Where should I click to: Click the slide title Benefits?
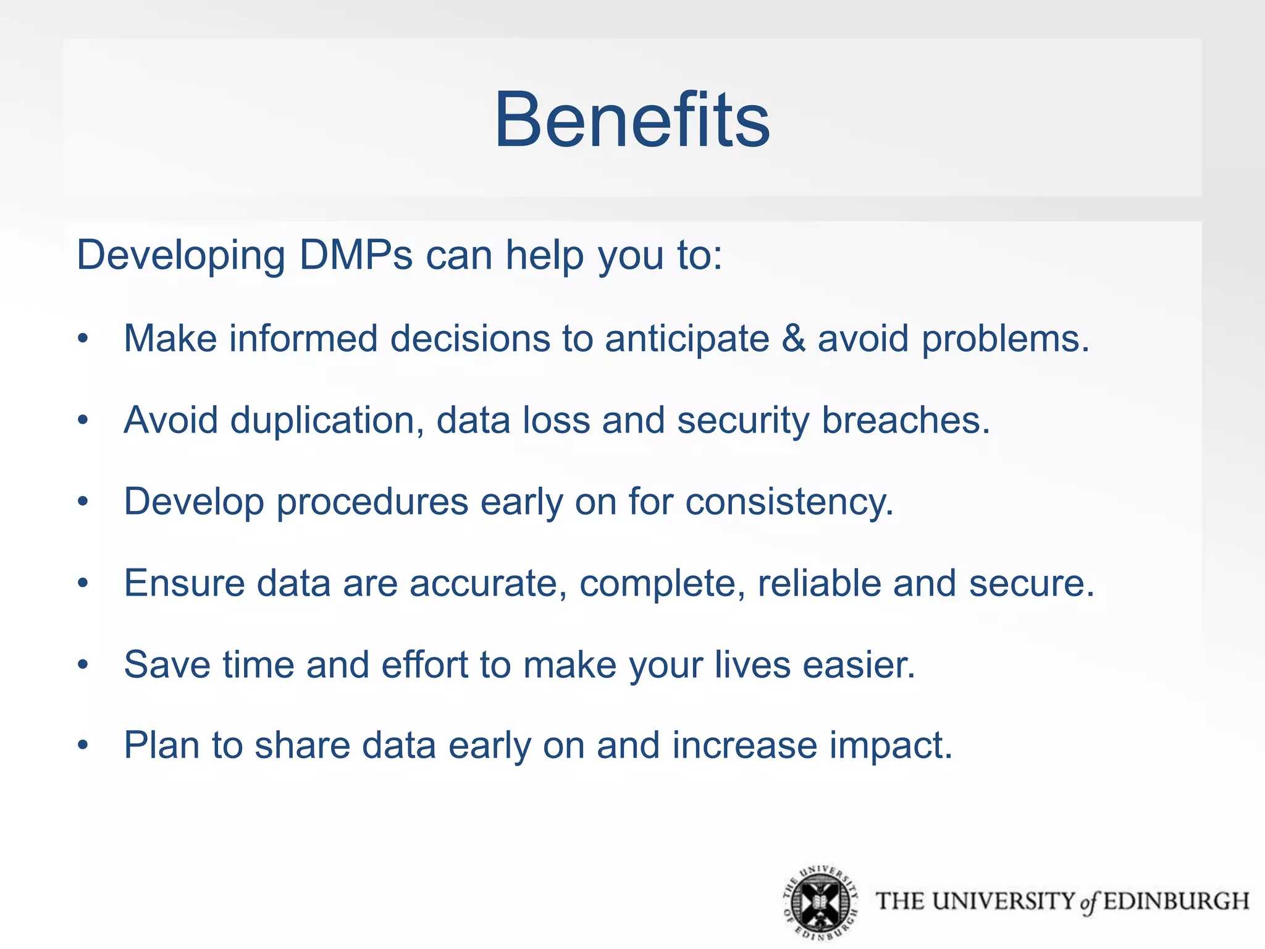632,120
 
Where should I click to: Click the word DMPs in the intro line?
356,255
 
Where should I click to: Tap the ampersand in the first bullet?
794,339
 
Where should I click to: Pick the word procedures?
372,502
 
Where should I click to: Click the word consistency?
789,502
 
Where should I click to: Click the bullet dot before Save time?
83,665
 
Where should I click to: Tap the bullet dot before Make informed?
83,339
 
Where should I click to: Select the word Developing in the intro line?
180,256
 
